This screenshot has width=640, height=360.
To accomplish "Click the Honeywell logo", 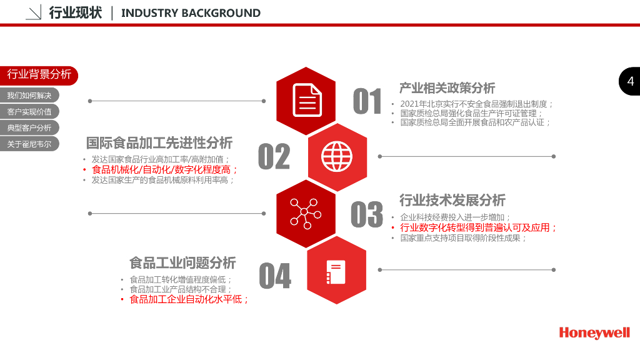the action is (594, 332).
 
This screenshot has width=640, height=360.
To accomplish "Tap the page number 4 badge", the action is (630, 81).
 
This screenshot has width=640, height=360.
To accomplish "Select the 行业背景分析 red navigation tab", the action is (39, 74).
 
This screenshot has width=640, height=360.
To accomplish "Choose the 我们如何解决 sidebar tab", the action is (29, 96).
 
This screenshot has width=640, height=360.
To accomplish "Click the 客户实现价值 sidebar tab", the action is (29, 112).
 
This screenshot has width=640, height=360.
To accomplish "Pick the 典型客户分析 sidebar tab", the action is (29, 127).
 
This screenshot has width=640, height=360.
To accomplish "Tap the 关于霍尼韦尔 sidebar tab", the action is (29, 144).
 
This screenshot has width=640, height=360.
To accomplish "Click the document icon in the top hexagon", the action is (306, 100).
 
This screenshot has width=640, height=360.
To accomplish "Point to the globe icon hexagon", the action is (337, 156).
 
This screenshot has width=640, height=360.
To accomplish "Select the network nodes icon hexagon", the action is (306, 212).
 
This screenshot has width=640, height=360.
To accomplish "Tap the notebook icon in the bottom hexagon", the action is (336, 271).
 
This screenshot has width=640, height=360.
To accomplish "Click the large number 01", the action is (367, 101).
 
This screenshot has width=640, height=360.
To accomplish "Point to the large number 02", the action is (274, 157).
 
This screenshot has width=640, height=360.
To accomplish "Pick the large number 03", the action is (366, 214).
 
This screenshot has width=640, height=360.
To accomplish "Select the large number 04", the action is (275, 276).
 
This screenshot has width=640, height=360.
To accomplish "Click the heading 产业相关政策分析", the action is (447, 88).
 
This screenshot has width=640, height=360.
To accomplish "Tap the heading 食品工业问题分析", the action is (182, 262).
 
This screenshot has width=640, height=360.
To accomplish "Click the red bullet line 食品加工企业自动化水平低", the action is (189, 299).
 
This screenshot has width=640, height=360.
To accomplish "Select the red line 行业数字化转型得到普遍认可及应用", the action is (478, 227).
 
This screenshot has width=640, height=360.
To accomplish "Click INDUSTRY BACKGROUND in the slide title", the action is (191, 13).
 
